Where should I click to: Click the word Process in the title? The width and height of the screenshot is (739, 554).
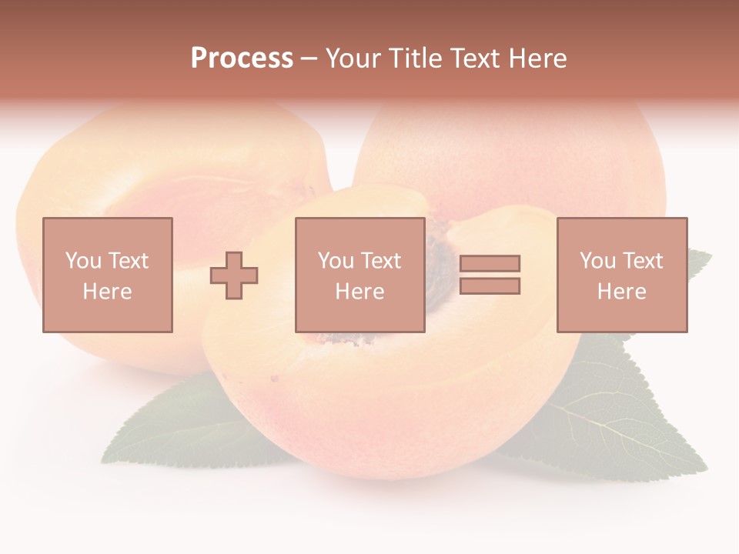pyautogui.click(x=242, y=58)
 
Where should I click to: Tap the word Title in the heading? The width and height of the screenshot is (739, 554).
pyautogui.click(x=413, y=58)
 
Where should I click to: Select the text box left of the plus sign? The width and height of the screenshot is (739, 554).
pyautogui.click(x=107, y=275)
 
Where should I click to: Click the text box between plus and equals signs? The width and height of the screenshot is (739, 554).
pyautogui.click(x=359, y=275)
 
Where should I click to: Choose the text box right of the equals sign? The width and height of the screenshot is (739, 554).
pyautogui.click(x=621, y=275)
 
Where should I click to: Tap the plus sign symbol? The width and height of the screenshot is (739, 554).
pyautogui.click(x=234, y=275)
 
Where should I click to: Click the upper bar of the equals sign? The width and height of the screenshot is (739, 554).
pyautogui.click(x=490, y=263)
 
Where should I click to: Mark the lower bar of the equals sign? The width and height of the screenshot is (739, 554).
pyautogui.click(x=490, y=286)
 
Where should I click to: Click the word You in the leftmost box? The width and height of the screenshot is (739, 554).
pyautogui.click(x=83, y=261)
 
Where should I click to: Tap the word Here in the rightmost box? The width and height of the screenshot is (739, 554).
pyautogui.click(x=621, y=292)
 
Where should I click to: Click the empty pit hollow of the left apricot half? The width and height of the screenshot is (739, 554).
pyautogui.click(x=192, y=200)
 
